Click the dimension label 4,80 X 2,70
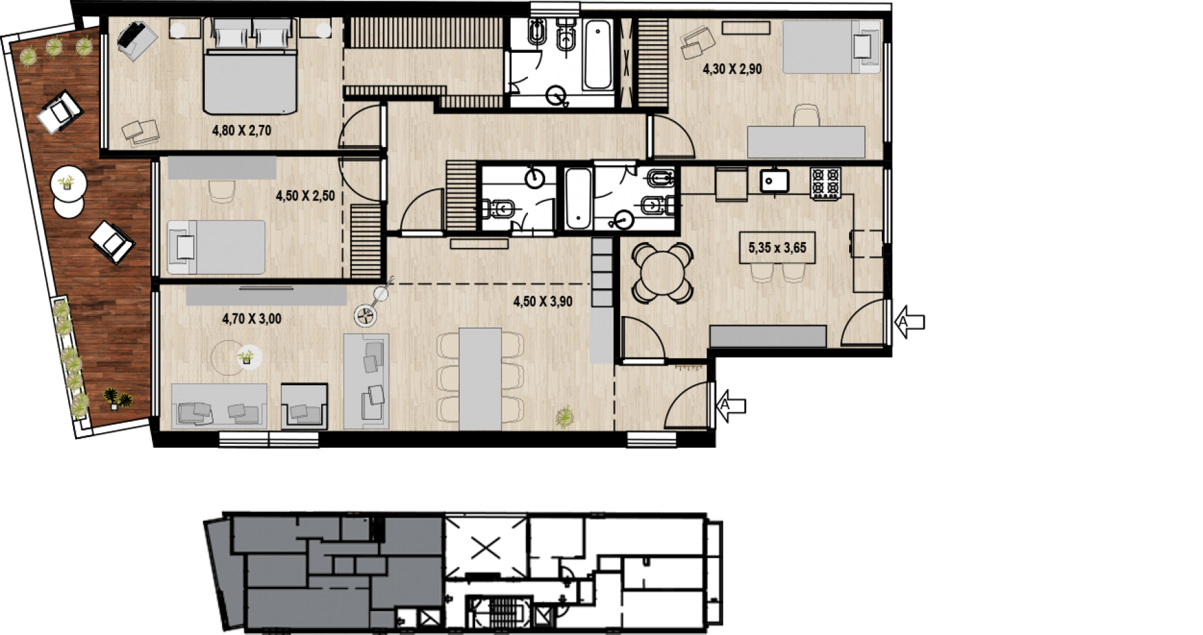coord(242,130)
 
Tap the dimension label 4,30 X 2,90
coord(732,69)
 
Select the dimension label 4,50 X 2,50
coord(305,196)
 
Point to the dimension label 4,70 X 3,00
coord(252,319)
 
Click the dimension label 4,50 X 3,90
coord(543,301)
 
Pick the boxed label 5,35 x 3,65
coord(777,248)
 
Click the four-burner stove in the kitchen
coord(826,182)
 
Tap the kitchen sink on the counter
coord(774,180)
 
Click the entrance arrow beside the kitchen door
coord(910,322)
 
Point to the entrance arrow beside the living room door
coord(731,405)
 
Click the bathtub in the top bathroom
coord(597,55)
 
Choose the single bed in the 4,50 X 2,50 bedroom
coord(215,247)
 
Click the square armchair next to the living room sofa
coord(304,406)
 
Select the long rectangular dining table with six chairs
coord(480,379)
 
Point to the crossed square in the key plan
coord(486,549)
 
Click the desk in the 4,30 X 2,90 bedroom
coord(806,142)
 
